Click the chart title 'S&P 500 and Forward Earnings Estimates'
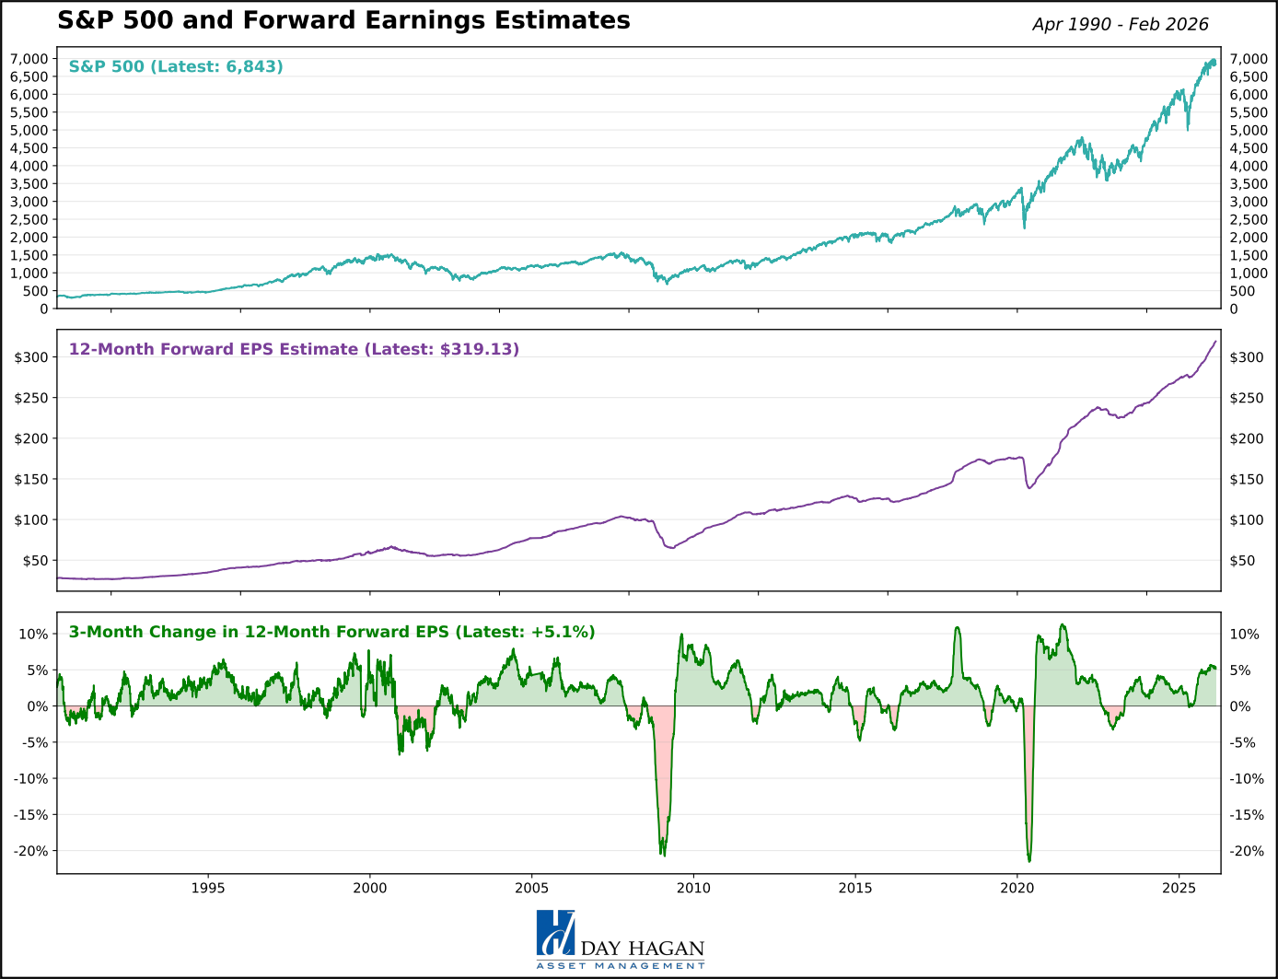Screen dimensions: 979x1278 pyautogui.click(x=343, y=21)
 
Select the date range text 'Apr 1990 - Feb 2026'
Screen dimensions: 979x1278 pyautogui.click(x=1120, y=25)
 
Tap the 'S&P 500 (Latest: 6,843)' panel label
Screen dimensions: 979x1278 pyautogui.click(x=176, y=66)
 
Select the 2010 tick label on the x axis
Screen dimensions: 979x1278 pyautogui.click(x=693, y=888)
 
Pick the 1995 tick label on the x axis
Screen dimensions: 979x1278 pyautogui.click(x=208, y=888)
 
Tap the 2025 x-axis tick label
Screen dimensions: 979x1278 pyautogui.click(x=1179, y=888)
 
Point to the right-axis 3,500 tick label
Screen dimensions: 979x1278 pyautogui.click(x=1249, y=184)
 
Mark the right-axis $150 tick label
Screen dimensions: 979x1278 pyautogui.click(x=1247, y=479)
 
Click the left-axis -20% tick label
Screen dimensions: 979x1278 pyautogui.click(x=31, y=851)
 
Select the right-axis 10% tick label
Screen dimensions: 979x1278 pyautogui.click(x=1245, y=635)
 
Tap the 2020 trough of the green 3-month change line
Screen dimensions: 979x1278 pyautogui.click(x=1028, y=860)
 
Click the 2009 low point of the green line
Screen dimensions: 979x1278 pyautogui.click(x=663, y=853)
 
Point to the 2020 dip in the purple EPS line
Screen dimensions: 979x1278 pyautogui.click(x=1029, y=487)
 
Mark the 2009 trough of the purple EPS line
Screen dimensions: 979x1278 pyautogui.click(x=671, y=548)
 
